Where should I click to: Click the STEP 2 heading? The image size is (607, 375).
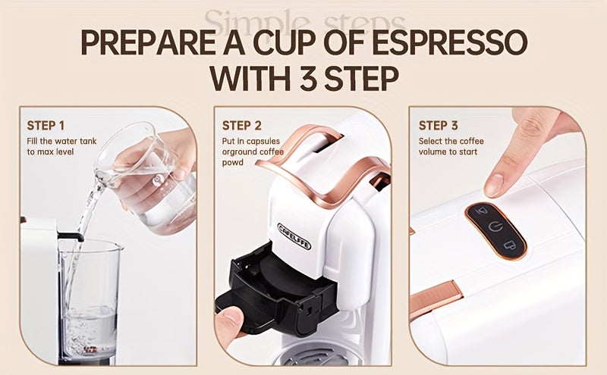click(241, 126)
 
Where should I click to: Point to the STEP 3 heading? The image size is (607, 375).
click(438, 126)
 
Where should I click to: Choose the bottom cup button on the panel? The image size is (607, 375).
click(505, 244)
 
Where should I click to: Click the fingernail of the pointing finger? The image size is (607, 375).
click(494, 183)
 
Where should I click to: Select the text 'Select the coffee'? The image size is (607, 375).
click(451, 141)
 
